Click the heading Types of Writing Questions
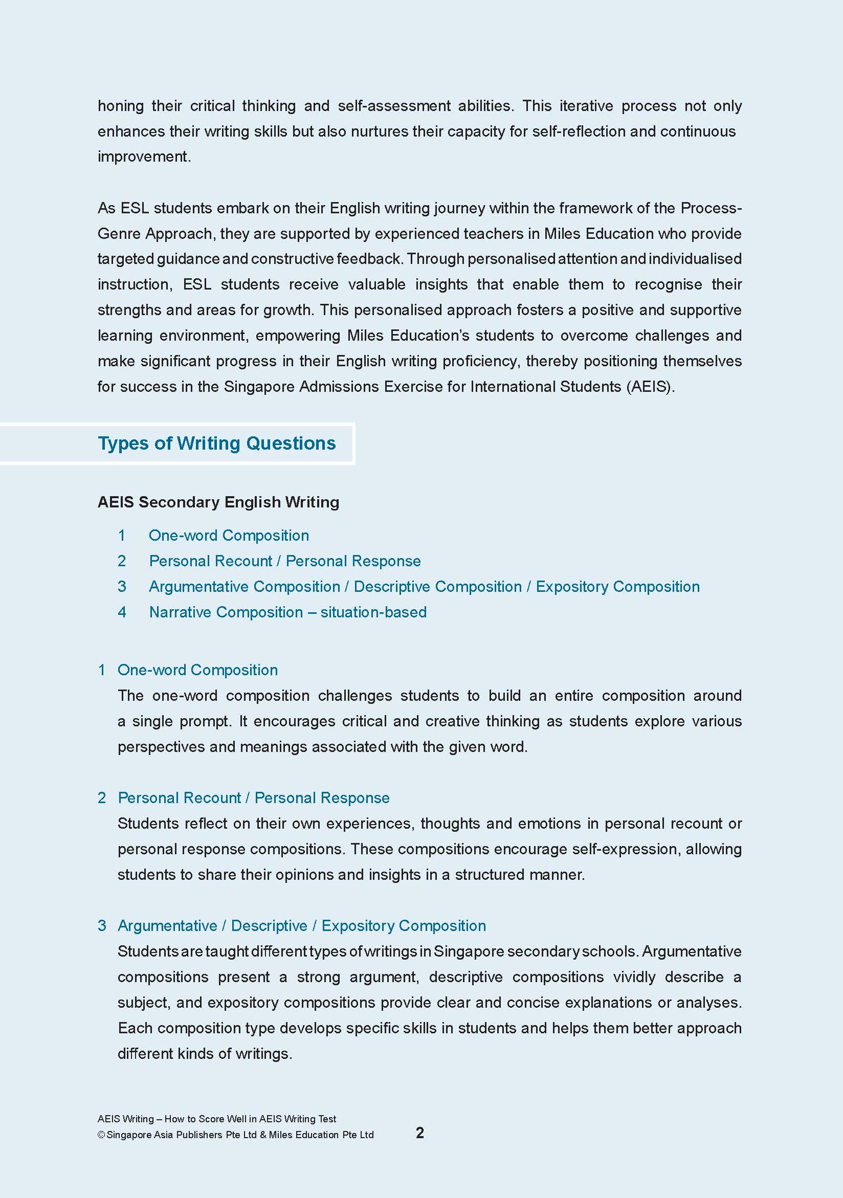tap(216, 443)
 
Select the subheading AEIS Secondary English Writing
tap(218, 502)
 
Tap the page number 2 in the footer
tap(419, 1132)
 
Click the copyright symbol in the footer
tap(101, 1135)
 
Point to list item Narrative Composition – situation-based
tap(287, 612)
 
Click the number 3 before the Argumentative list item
tap(122, 587)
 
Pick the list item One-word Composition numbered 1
tap(229, 536)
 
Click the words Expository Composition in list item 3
tap(617, 587)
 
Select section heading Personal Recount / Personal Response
tap(254, 798)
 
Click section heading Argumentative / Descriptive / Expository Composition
tap(301, 926)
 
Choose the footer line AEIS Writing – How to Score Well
tap(216, 1119)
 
